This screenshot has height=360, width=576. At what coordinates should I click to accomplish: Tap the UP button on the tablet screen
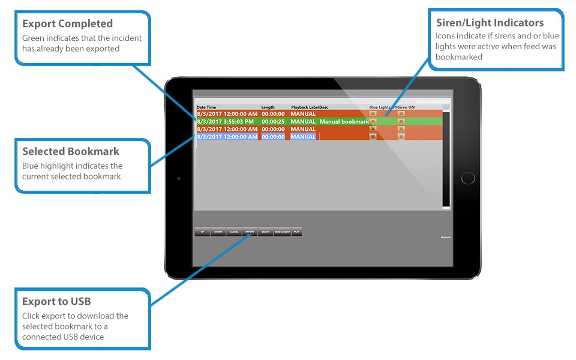(x=202, y=232)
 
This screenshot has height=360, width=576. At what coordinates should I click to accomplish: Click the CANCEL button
(x=234, y=232)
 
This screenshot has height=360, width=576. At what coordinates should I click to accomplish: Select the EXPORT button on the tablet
(x=250, y=232)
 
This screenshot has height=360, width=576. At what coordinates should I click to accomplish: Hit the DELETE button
(x=266, y=232)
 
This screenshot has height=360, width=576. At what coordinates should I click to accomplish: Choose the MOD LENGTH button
(x=282, y=232)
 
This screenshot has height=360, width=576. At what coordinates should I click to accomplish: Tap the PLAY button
(x=296, y=232)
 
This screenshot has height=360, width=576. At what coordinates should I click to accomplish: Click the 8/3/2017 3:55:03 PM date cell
(x=227, y=122)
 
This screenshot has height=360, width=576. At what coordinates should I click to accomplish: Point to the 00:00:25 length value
(x=273, y=122)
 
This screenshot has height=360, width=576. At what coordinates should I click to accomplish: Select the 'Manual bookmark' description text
(x=344, y=122)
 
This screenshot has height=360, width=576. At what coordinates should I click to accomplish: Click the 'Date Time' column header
(x=206, y=107)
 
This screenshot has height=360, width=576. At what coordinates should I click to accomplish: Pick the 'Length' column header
(x=268, y=107)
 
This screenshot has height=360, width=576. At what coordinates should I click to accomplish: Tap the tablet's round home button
(x=467, y=178)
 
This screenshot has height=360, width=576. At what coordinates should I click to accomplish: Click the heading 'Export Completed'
(x=67, y=24)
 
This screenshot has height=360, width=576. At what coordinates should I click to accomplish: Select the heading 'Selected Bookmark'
(x=71, y=152)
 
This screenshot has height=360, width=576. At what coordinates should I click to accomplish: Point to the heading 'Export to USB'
(x=56, y=301)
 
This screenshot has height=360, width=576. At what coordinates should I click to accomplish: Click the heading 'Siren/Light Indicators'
(x=490, y=23)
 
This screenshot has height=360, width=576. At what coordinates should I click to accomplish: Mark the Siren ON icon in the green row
(x=401, y=122)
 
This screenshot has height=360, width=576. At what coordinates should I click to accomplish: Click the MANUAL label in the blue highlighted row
(x=303, y=137)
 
